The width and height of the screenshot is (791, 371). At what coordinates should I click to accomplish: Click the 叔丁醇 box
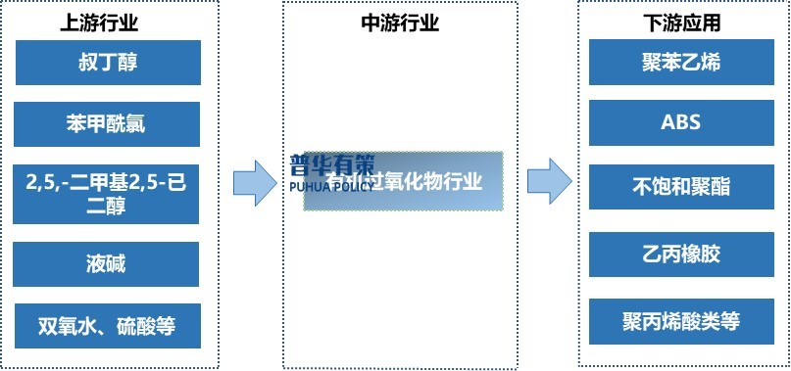[108, 63]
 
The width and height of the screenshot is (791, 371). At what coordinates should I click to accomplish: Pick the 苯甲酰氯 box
[108, 124]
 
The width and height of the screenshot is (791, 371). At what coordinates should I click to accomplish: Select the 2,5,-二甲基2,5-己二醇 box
[108, 193]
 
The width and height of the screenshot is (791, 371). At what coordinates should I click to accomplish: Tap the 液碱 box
[108, 264]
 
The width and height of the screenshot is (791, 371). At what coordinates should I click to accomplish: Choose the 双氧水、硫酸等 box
[108, 325]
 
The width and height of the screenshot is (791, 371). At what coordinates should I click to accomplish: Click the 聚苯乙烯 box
[680, 63]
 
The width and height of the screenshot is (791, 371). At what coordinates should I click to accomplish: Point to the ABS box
[680, 124]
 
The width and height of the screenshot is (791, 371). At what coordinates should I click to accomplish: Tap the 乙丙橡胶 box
[680, 255]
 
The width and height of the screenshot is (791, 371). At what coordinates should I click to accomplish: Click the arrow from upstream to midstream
[255, 182]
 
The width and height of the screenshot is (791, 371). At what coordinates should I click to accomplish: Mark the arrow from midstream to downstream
[549, 182]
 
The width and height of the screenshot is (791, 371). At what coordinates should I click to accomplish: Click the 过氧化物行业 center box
[403, 181]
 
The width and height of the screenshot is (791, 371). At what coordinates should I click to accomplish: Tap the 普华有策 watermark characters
[332, 164]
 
